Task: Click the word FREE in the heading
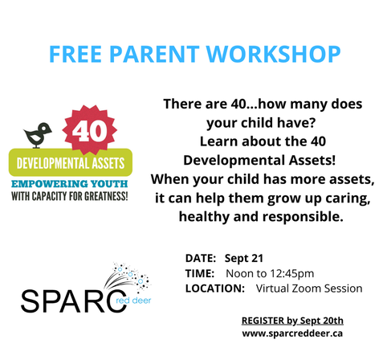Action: point(75,54)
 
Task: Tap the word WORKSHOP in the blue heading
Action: point(273,54)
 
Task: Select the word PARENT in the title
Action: point(154,54)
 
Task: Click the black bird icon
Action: point(38,135)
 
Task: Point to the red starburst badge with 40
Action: point(90,130)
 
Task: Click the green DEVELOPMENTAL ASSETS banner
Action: point(71,162)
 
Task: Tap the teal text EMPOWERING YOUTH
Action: point(70,184)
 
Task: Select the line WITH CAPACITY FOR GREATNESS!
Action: point(70,196)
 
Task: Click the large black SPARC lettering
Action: point(74,301)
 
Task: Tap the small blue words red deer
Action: point(133,301)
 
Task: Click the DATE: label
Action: point(201,258)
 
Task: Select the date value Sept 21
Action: point(244,259)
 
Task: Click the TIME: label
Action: point(200,273)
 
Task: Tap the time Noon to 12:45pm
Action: point(270,274)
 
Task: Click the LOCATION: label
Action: point(215,288)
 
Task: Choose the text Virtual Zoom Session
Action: point(309,288)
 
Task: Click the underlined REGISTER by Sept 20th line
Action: point(292,321)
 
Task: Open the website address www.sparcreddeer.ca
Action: point(292,333)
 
